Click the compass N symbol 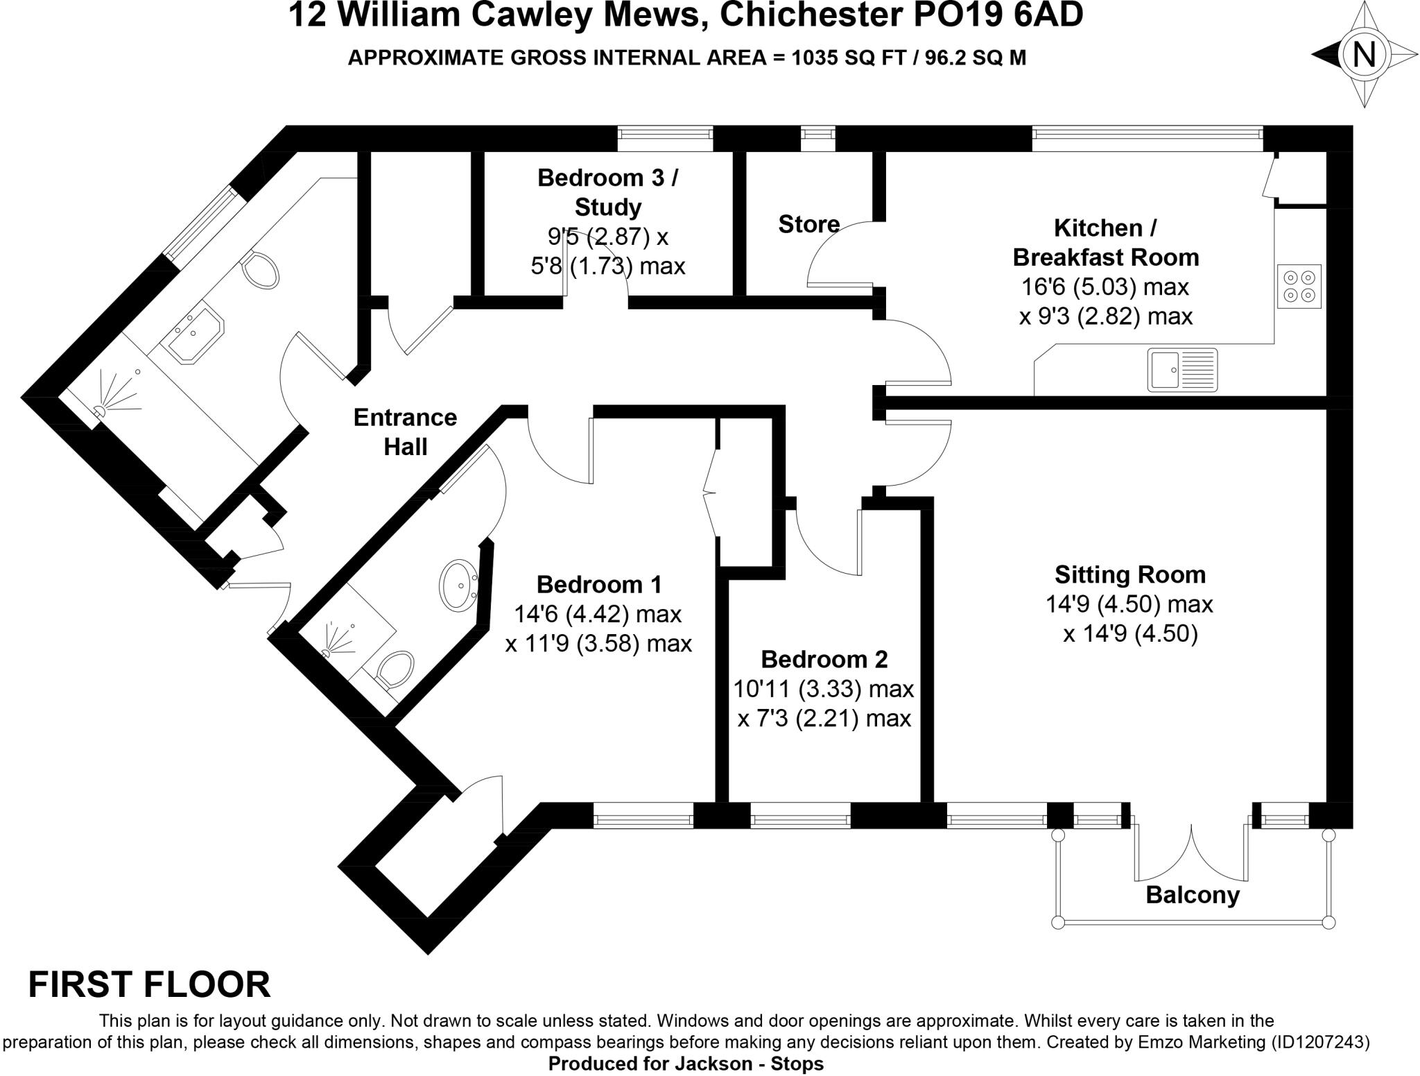coord(1364,54)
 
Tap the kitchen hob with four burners coord(1299,286)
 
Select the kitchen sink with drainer coord(1182,369)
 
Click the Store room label coord(808,224)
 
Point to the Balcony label coord(1192,895)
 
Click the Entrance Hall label coord(406,432)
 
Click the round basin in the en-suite coord(458,585)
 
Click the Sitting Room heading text coord(1130,574)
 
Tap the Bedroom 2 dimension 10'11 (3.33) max coord(824,689)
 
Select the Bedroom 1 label coord(599,585)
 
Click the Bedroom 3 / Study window coord(665,137)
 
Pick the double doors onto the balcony coord(1192,853)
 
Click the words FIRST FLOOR coord(149,984)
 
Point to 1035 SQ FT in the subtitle coord(849,58)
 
